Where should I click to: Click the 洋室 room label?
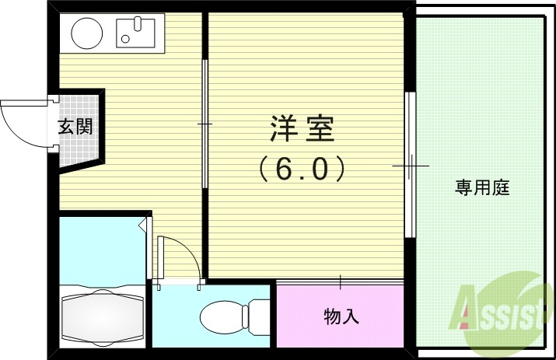pyautogui.click(x=302, y=129)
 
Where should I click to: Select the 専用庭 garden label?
pyautogui.click(x=482, y=187)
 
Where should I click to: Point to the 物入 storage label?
pyautogui.click(x=341, y=316)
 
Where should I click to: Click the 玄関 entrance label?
pyautogui.click(x=75, y=126)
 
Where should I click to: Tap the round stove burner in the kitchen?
pyautogui.click(x=86, y=33)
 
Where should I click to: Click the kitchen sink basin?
pyautogui.click(x=136, y=33)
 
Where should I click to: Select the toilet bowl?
pyautogui.click(x=221, y=317)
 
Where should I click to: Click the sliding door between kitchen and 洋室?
pyautogui.click(x=206, y=124)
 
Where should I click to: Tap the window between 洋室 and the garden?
pyautogui.click(x=410, y=166)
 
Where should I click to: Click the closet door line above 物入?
pyautogui.click(x=341, y=281)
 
